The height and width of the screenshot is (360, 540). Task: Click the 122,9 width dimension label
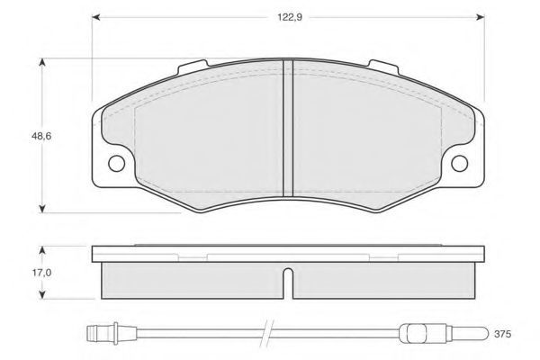(290, 17)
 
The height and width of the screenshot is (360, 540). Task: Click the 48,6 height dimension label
(41, 136)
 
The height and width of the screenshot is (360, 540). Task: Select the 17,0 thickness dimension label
(41, 273)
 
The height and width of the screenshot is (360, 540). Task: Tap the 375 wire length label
(503, 334)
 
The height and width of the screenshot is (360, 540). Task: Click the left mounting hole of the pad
(116, 163)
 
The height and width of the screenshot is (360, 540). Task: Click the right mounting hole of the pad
(459, 163)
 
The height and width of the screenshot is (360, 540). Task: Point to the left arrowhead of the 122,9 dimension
(96, 17)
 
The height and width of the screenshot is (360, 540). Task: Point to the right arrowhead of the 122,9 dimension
(481, 17)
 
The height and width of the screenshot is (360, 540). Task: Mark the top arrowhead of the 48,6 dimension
(42, 62)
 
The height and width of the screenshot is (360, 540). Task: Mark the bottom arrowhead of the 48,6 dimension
(42, 209)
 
